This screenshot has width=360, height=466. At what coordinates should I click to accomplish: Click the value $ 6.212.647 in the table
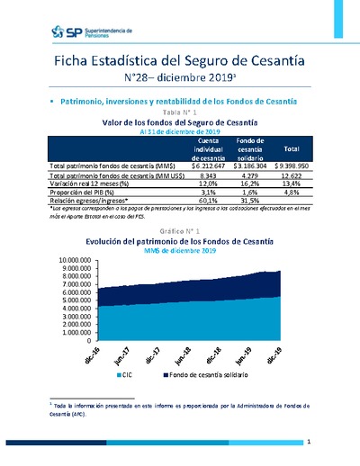[x=210, y=166]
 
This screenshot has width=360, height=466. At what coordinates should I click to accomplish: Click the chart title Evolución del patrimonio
[x=180, y=242]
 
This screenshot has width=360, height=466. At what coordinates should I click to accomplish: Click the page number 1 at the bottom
[x=308, y=442]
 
